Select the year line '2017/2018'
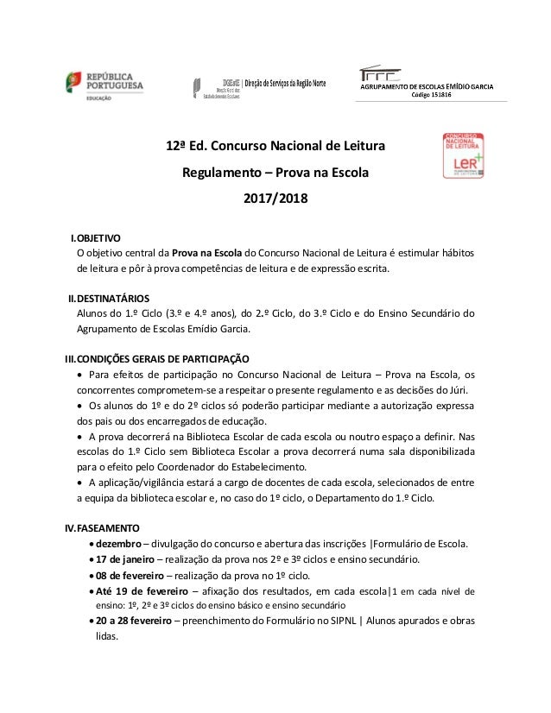(275, 200)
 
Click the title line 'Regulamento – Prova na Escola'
(275, 173)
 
